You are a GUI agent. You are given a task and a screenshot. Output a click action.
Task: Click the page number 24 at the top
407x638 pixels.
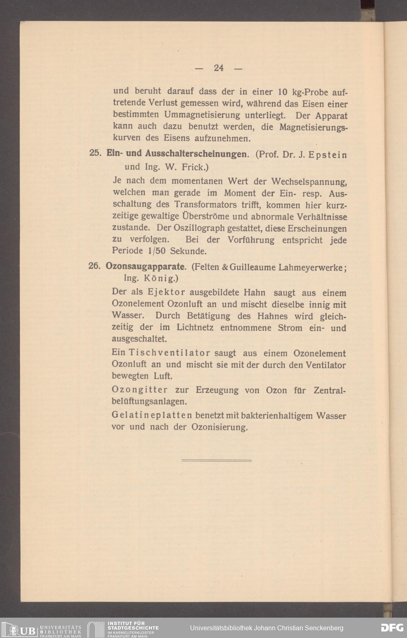(x=219, y=68)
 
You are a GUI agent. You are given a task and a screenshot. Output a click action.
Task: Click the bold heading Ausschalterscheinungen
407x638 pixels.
(x=196, y=154)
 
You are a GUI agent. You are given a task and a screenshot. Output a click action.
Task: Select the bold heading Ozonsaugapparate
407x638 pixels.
(x=146, y=267)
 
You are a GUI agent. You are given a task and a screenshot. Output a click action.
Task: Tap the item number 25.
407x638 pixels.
(x=95, y=154)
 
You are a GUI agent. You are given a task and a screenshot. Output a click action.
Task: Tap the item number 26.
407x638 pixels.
(x=94, y=267)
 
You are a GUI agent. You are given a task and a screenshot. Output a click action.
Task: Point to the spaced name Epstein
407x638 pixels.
(x=328, y=155)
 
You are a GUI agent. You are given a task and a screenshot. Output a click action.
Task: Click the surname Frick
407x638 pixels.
(x=195, y=167)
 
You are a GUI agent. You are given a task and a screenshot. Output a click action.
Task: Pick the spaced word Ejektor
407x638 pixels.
(x=166, y=292)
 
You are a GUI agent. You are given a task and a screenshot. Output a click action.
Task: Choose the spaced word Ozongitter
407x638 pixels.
(x=140, y=390)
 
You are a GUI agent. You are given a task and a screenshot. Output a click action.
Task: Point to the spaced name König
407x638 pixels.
(x=161, y=279)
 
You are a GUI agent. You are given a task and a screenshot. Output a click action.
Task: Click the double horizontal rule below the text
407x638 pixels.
(x=216, y=460)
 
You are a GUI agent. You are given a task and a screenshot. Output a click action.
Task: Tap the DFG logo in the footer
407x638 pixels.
(x=392, y=627)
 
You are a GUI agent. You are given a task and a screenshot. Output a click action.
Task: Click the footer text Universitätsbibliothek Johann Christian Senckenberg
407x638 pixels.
(x=267, y=628)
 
